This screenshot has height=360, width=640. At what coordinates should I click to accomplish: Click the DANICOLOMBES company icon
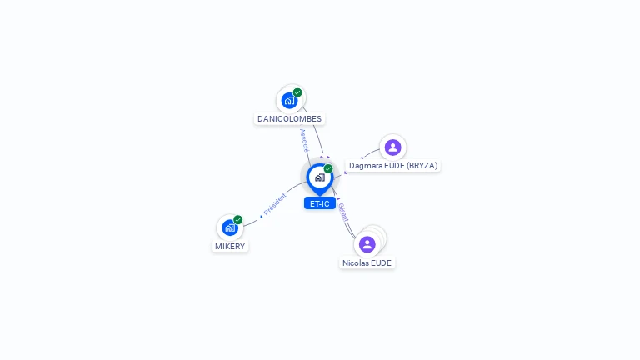click(289, 100)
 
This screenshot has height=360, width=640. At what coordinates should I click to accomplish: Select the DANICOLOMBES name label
click(289, 119)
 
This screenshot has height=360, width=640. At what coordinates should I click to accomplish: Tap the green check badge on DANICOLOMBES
click(297, 92)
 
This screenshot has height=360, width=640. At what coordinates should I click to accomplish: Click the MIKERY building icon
click(229, 227)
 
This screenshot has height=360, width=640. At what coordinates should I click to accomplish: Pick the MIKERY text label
click(230, 247)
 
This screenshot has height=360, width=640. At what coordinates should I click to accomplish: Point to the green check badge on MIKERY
click(238, 220)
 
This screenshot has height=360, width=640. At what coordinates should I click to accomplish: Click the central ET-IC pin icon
click(319, 177)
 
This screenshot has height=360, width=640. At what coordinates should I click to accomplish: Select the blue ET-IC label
click(319, 203)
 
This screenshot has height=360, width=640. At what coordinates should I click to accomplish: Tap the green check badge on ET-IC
click(328, 168)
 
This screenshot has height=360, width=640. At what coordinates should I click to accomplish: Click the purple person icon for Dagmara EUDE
click(392, 147)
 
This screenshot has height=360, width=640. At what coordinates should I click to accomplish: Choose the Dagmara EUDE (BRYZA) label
click(392, 166)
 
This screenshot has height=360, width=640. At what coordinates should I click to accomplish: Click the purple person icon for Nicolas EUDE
click(367, 244)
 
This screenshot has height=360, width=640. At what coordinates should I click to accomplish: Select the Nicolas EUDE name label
click(367, 263)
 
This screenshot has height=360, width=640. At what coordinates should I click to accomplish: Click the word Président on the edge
click(275, 204)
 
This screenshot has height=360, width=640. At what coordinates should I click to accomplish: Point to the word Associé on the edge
click(305, 139)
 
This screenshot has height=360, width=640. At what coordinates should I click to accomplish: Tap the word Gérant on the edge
click(342, 212)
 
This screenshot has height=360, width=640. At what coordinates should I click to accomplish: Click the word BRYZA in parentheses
click(422, 166)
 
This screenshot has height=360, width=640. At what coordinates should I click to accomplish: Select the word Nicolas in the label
click(356, 263)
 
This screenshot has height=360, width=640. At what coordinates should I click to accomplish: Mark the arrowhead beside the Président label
click(261, 216)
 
